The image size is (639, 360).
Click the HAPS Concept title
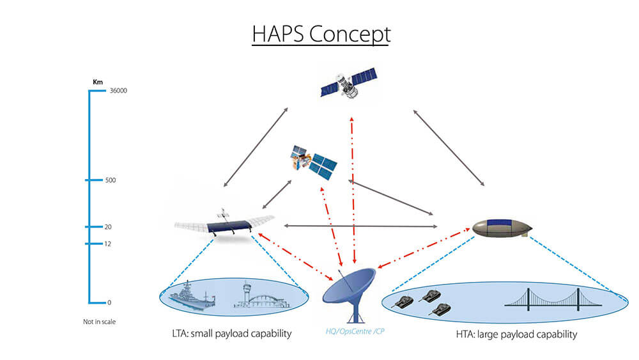(321, 35)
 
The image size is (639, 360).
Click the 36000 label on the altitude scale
(118, 91)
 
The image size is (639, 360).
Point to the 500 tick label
(111, 180)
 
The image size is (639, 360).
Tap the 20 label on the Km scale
(109, 227)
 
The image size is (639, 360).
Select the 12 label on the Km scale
(109, 244)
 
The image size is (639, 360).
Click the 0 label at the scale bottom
(107, 302)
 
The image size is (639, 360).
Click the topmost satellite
(347, 86)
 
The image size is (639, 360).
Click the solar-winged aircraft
(224, 223)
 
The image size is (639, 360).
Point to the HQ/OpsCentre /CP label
(351, 333)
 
